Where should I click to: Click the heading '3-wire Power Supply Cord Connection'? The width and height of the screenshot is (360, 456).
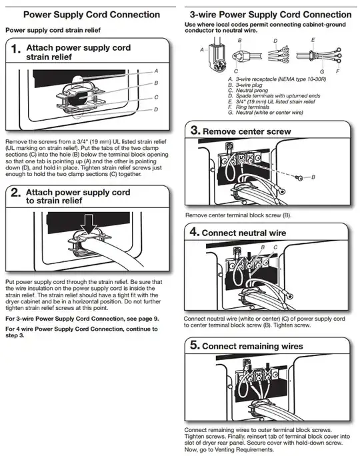tap(270, 14)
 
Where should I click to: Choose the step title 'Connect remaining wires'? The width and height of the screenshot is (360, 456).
tap(252, 346)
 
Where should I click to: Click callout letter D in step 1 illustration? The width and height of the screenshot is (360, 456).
tap(156, 109)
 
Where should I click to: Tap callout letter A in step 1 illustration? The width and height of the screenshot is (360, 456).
tap(156, 70)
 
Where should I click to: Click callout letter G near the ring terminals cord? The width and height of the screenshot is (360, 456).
tap(322, 71)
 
